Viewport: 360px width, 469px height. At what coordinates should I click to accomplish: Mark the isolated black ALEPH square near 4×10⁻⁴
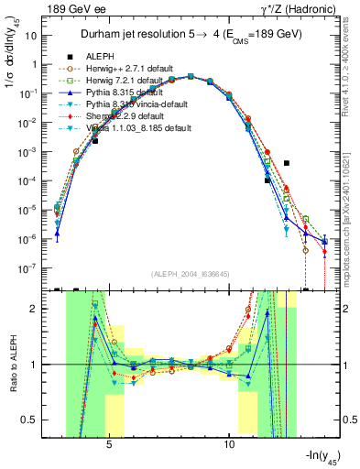[287, 163]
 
